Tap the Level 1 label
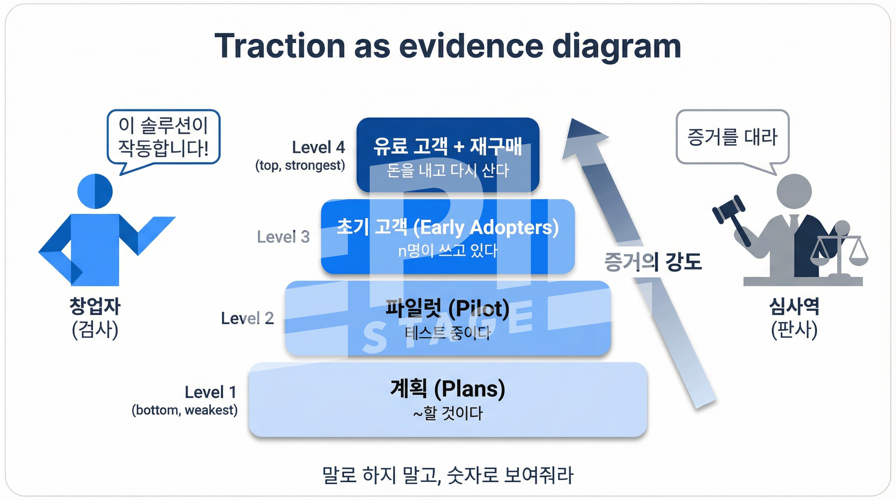[x=210, y=392]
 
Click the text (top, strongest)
[x=300, y=165]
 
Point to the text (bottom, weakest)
[x=185, y=410]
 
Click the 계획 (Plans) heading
[x=448, y=389]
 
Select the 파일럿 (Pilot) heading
[x=448, y=308]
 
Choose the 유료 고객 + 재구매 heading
[x=448, y=146]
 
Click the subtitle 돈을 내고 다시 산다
[x=448, y=171]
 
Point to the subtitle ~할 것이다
[x=448, y=413]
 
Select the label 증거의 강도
[x=653, y=262]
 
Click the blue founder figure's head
[x=95, y=191]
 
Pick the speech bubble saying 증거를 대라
[x=732, y=137]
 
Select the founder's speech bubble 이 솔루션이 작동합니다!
[x=163, y=137]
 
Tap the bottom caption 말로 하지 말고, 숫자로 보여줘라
[x=448, y=475]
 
